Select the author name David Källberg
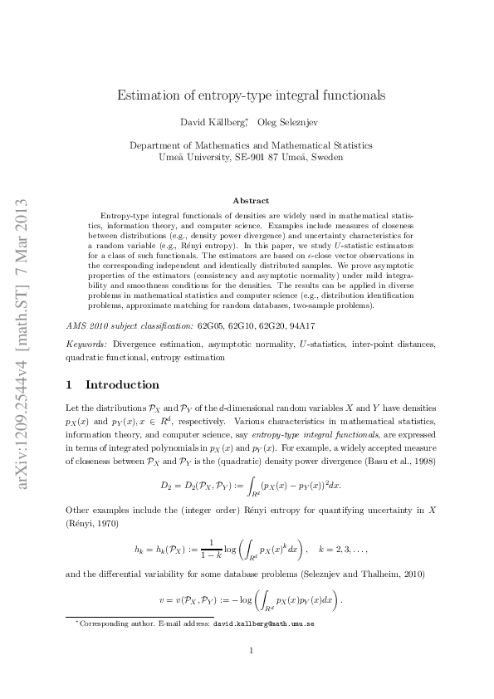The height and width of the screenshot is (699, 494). pyautogui.click(x=208, y=123)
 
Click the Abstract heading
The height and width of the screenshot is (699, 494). pyautogui.click(x=251, y=201)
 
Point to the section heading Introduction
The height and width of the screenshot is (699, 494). pyautogui.click(x=122, y=385)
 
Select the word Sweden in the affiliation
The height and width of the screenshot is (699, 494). pyautogui.click(x=326, y=157)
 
